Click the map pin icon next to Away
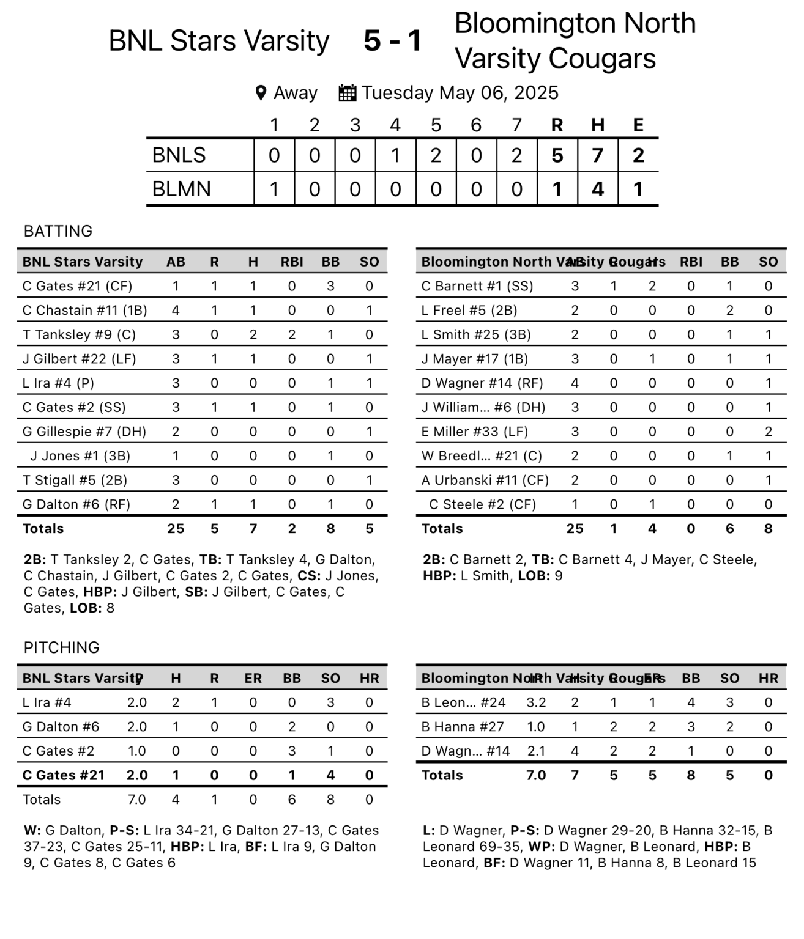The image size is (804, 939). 261,93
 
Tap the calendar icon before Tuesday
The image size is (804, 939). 347,93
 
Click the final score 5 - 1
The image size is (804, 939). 392,41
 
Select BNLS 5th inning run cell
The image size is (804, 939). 436,155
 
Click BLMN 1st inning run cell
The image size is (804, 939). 274,189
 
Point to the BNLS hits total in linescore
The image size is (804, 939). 597,155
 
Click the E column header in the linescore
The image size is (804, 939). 638,125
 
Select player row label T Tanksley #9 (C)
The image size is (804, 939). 79,334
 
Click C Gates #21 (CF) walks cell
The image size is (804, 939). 330,286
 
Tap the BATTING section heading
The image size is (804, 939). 58,231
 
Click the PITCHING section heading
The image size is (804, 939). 61,647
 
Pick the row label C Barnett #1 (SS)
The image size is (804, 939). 477,286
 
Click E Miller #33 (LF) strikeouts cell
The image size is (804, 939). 768,432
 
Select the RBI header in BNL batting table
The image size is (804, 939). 292,262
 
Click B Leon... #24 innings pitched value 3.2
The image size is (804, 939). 536,702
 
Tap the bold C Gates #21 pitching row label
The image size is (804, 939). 64,775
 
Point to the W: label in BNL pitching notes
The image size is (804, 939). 32,831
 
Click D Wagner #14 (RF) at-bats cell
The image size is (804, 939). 575,383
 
